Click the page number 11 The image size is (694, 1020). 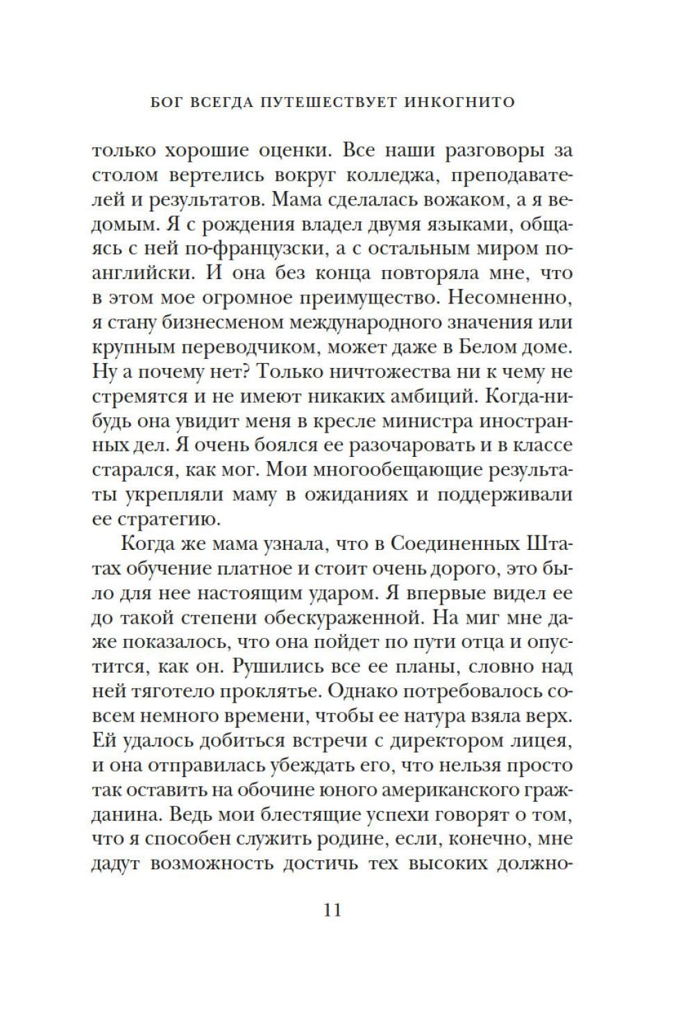click(x=332, y=910)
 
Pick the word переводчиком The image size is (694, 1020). click(x=271, y=347)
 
